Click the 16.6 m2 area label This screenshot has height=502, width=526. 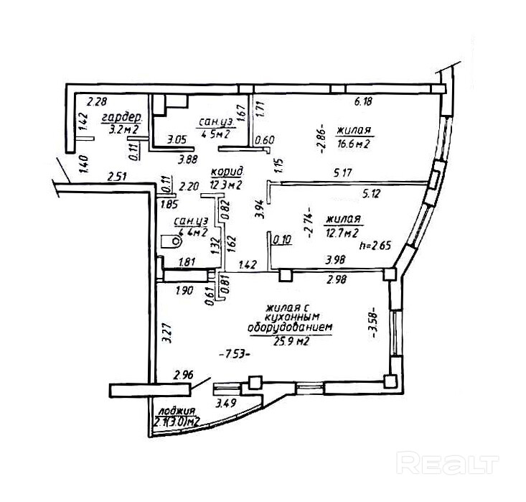[352, 144]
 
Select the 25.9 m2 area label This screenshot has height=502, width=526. [291, 342]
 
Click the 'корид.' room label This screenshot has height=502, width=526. [227, 172]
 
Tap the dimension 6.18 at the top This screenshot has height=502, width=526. [363, 103]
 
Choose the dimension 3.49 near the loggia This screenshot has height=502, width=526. [227, 403]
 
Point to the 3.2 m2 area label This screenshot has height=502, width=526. [123, 130]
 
